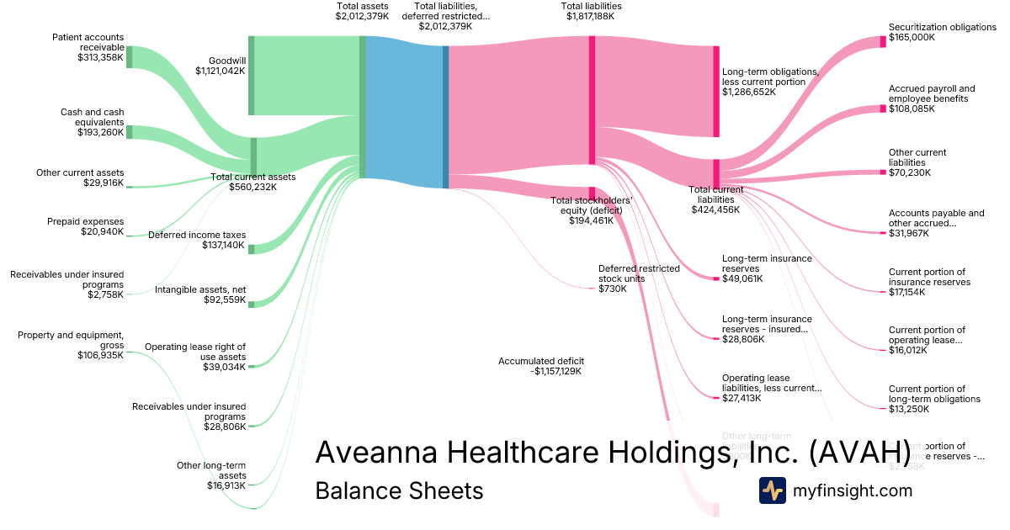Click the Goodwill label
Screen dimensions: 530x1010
pyautogui.click(x=226, y=61)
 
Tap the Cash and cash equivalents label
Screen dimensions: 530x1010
pyautogui.click(x=92, y=117)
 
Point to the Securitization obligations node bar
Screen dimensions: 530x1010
pyautogui.click(x=883, y=41)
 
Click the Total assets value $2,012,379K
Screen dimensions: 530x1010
pyautogui.click(x=363, y=16)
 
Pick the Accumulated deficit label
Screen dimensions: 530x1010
pyautogui.click(x=540, y=361)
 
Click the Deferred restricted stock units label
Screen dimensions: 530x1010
pyautogui.click(x=639, y=273)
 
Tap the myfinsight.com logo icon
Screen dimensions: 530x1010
pyautogui.click(x=772, y=490)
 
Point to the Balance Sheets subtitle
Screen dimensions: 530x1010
pyautogui.click(x=399, y=490)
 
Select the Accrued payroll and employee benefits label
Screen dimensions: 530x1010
pyautogui.click(x=932, y=93)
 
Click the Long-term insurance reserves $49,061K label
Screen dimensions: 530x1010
pyautogui.click(x=767, y=263)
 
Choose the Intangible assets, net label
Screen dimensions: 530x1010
pyautogui.click(x=200, y=289)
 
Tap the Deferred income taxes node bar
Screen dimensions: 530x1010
pyautogui.click(x=251, y=248)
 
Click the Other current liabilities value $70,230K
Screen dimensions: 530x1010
pyautogui.click(x=909, y=172)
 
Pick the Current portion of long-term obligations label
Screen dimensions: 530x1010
pyautogui.click(x=934, y=394)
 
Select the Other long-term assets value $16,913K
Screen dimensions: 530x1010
pyautogui.click(x=226, y=485)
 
